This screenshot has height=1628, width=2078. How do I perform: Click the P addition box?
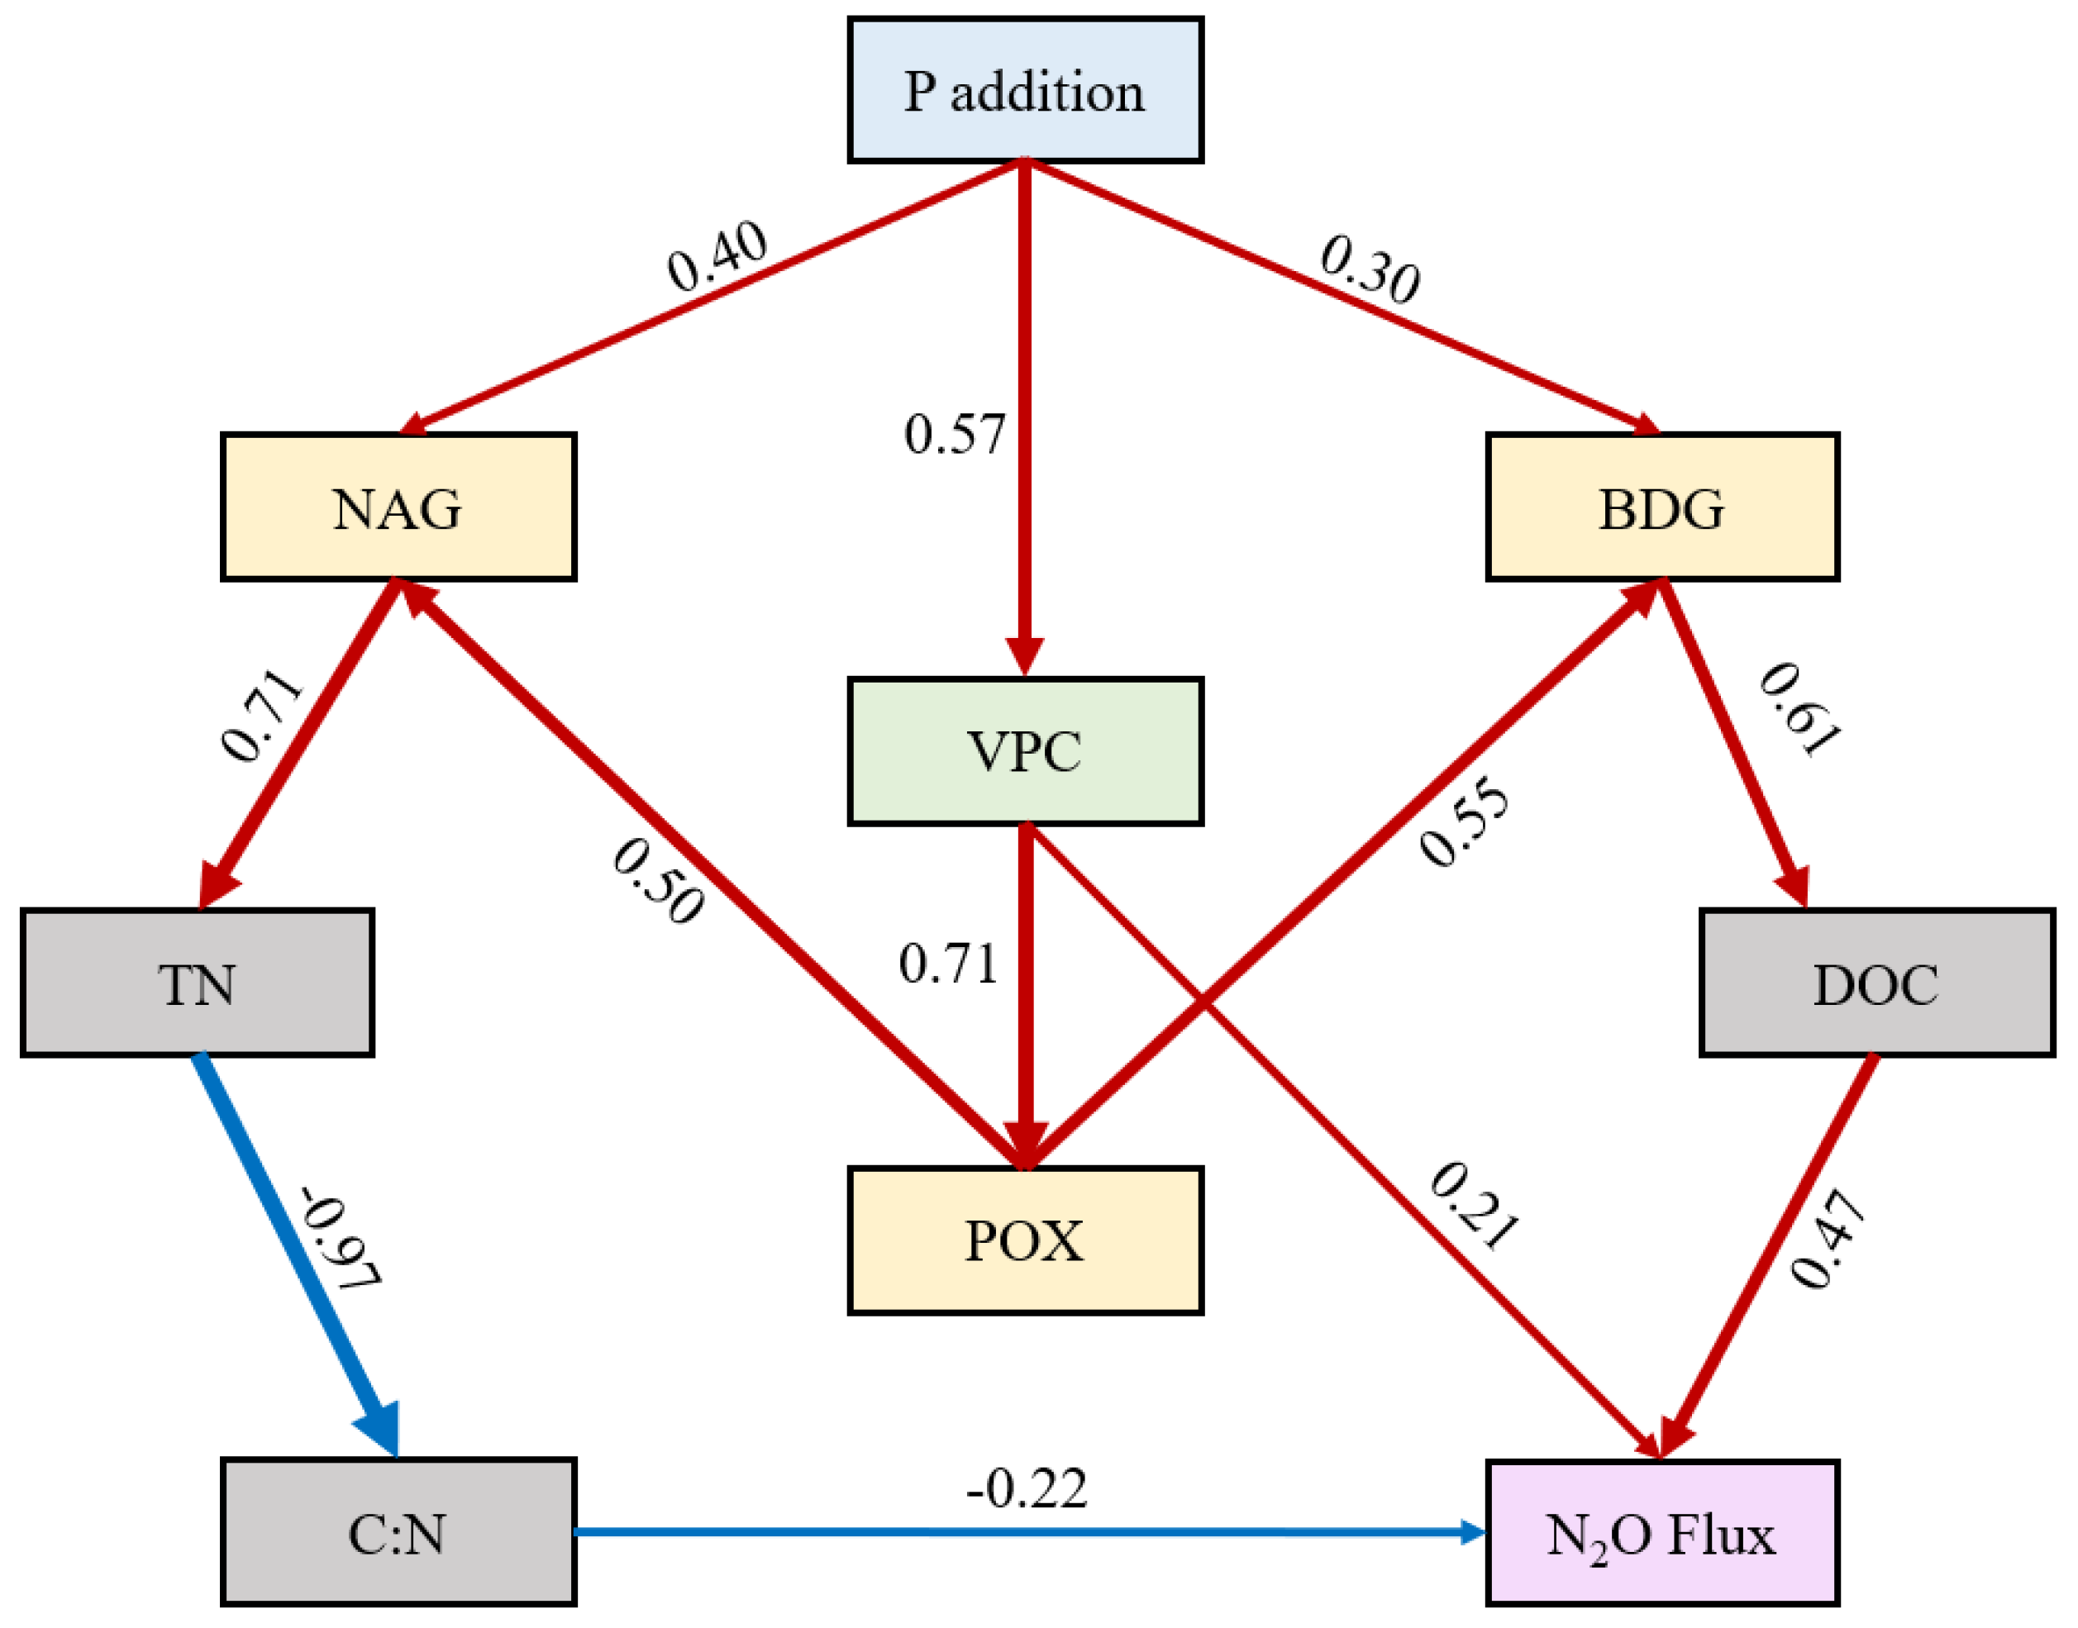[1025, 91]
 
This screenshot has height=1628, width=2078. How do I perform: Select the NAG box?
[398, 507]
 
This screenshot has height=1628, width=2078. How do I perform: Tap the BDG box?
[1661, 507]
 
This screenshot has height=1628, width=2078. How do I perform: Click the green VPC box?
[1025, 751]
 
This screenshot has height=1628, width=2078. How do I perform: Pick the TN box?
[198, 983]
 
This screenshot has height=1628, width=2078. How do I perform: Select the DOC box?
[1876, 983]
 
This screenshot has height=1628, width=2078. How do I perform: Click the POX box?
[1025, 1240]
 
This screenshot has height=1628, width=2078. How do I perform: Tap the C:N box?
[398, 1533]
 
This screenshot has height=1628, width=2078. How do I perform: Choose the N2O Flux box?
[1661, 1533]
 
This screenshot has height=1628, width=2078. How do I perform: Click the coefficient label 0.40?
[717, 255]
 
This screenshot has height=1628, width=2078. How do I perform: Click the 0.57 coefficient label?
[954, 435]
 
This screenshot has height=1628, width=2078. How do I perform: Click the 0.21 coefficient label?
[1473, 1206]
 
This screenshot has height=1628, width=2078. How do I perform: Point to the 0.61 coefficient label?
[1800, 709]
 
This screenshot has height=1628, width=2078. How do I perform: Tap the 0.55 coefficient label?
[1464, 822]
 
